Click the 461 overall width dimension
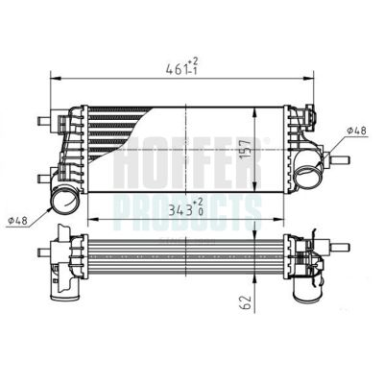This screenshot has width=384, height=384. click(176, 68)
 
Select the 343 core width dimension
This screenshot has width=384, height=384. click(181, 210)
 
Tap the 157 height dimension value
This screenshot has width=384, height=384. click(247, 150)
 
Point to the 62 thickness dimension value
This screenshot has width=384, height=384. click(246, 301)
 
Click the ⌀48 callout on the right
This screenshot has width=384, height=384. click(356, 131)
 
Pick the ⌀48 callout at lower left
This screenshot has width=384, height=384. click(18, 220)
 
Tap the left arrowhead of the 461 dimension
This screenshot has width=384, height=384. click(56, 78)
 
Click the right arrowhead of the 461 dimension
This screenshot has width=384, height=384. click(308, 78)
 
